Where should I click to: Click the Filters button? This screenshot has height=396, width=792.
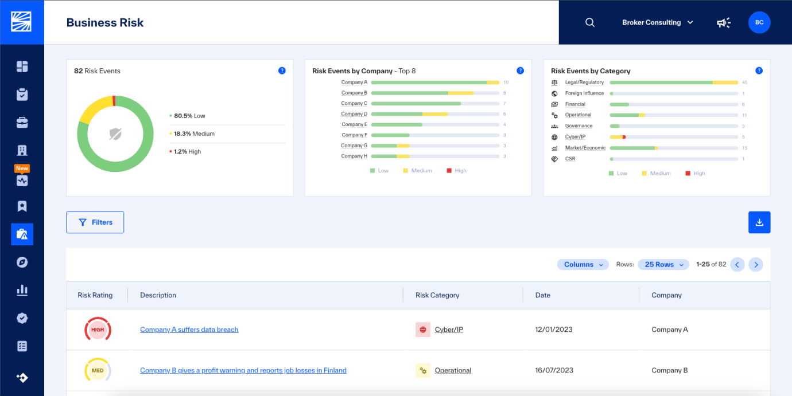point(95,222)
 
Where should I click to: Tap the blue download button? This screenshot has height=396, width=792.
point(759,222)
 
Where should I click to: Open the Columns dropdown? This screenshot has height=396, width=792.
point(583,264)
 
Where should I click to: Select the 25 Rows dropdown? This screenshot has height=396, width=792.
point(663,264)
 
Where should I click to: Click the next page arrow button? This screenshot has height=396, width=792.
point(756,264)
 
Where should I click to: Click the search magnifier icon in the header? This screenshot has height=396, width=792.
point(590,22)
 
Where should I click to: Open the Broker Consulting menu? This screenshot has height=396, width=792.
point(657,22)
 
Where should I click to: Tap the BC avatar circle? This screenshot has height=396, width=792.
point(759,22)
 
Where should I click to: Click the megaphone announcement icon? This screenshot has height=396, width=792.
point(723,22)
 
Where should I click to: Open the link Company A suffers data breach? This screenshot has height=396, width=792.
point(189,330)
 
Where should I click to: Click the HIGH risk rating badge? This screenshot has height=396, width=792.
point(98,330)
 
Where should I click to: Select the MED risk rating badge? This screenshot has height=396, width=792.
point(98,370)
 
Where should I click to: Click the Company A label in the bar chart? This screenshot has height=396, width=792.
point(354,82)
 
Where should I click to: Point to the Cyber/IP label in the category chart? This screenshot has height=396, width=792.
point(575,136)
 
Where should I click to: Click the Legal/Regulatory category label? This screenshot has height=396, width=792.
point(584,82)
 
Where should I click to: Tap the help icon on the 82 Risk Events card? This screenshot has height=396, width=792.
point(282,70)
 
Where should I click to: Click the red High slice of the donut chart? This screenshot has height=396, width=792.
point(114,101)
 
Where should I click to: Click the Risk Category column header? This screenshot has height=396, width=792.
point(437,295)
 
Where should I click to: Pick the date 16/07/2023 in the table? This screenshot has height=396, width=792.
point(554,370)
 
